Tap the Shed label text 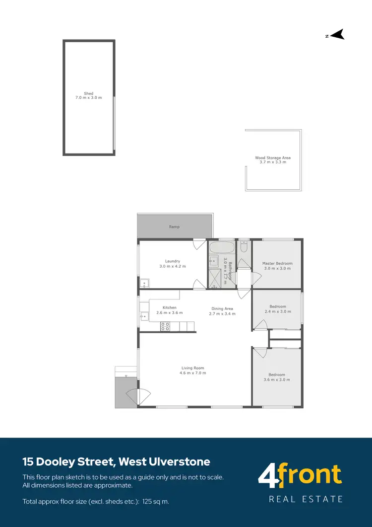(x=88, y=93)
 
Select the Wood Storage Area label (x=273, y=158)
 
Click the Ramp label (x=174, y=226)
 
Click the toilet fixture (x=244, y=246)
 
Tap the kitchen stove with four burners (x=165, y=326)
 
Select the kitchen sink (x=144, y=315)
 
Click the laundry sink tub (x=144, y=284)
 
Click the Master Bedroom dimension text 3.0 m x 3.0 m (x=277, y=268)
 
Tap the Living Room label (x=192, y=368)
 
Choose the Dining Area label (x=222, y=308)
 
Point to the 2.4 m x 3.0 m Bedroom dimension (x=277, y=312)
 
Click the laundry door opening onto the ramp (x=199, y=244)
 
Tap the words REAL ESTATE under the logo (x=306, y=499)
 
